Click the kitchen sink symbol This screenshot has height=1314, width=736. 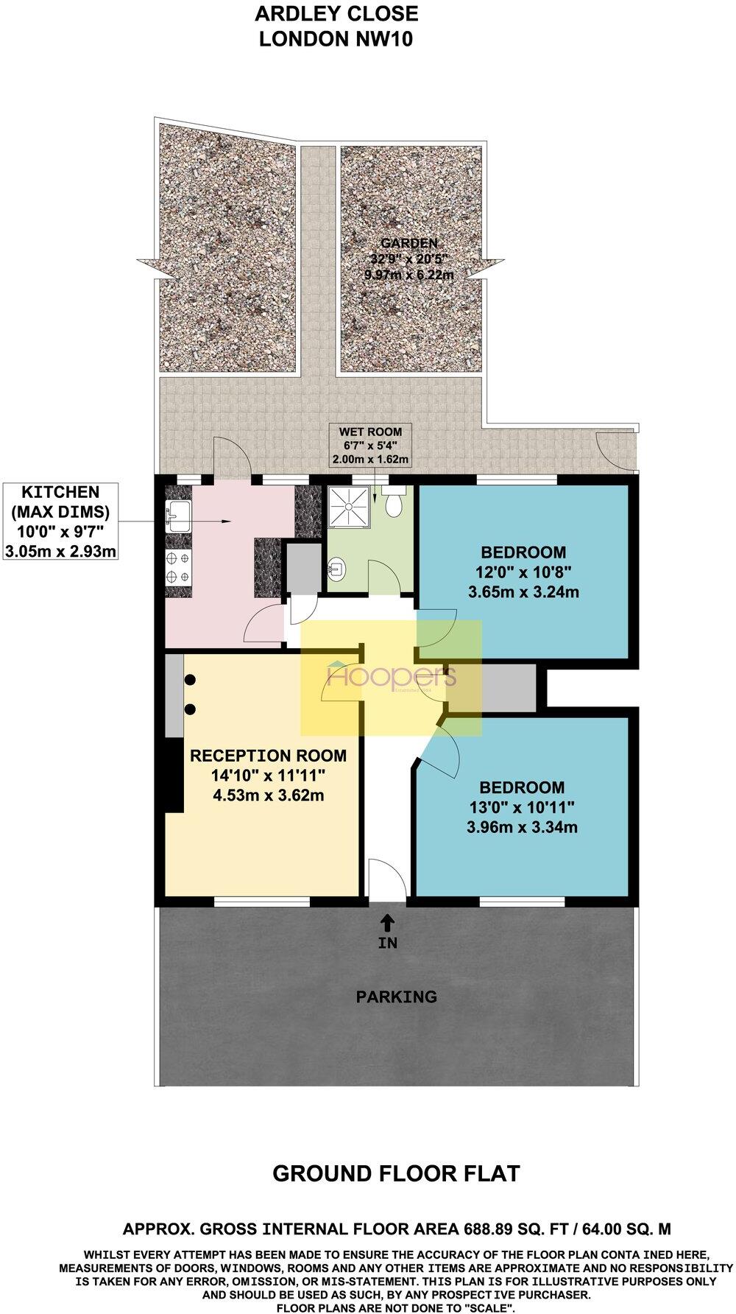click(177, 515)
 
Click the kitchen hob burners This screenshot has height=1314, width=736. click(177, 568)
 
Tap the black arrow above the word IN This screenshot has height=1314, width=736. click(387, 921)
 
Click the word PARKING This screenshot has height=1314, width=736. click(396, 997)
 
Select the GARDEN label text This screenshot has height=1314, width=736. click(408, 243)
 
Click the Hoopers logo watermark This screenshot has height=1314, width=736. click(392, 678)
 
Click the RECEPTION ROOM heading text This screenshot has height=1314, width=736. click(268, 756)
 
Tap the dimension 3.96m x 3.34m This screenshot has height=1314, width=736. click(522, 827)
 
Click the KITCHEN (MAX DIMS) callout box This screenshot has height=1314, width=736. click(60, 521)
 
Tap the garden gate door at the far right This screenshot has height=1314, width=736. click(612, 450)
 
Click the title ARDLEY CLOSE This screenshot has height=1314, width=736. click(336, 13)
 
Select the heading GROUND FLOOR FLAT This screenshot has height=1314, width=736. click(396, 1173)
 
